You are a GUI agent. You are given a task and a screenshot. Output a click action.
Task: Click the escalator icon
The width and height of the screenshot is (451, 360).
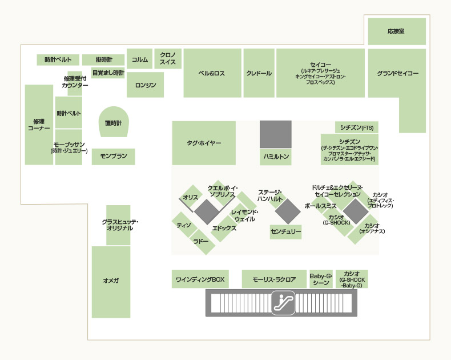click(x=283, y=303)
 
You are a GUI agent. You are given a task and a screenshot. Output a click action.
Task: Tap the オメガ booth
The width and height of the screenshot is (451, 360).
click(x=111, y=282)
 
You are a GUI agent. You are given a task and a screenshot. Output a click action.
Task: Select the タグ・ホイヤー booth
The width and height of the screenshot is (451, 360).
click(x=204, y=143)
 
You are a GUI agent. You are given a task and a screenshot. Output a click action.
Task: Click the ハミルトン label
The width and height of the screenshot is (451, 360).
click(x=276, y=157)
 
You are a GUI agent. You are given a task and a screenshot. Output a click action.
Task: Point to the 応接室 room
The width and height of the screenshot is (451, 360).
click(x=397, y=31)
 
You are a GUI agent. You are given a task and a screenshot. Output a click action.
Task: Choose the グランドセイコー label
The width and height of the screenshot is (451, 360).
click(x=398, y=74)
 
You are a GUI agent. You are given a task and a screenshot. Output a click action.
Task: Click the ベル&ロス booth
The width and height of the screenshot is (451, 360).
click(x=212, y=73)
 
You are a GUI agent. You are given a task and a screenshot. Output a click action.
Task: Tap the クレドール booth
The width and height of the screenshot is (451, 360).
click(x=259, y=73)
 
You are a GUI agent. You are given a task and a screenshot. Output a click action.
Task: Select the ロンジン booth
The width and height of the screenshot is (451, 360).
click(x=145, y=85)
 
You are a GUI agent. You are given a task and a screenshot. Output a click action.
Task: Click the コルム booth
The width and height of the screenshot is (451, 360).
click(x=139, y=59)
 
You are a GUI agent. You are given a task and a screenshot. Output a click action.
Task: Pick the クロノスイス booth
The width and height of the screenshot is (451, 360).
click(x=168, y=59)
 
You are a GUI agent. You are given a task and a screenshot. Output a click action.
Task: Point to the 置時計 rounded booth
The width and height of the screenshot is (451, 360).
click(x=114, y=122)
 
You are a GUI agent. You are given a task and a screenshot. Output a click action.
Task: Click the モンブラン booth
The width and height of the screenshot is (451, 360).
click(x=114, y=157)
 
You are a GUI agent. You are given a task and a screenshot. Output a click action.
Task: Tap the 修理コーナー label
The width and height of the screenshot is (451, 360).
click(x=39, y=125)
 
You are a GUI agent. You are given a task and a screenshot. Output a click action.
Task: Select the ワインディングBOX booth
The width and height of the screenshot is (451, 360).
click(x=200, y=279)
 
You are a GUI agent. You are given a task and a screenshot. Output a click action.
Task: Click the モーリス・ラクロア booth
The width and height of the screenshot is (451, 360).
click(x=274, y=279)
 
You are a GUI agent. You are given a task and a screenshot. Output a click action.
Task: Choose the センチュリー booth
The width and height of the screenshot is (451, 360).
click(x=285, y=232)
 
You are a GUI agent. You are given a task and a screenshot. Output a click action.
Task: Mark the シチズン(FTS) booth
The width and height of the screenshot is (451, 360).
click(x=357, y=127)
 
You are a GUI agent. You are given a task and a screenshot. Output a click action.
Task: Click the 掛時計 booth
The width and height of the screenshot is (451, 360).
click(x=103, y=60)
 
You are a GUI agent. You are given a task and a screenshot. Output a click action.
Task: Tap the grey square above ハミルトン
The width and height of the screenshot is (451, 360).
click(x=276, y=134)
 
